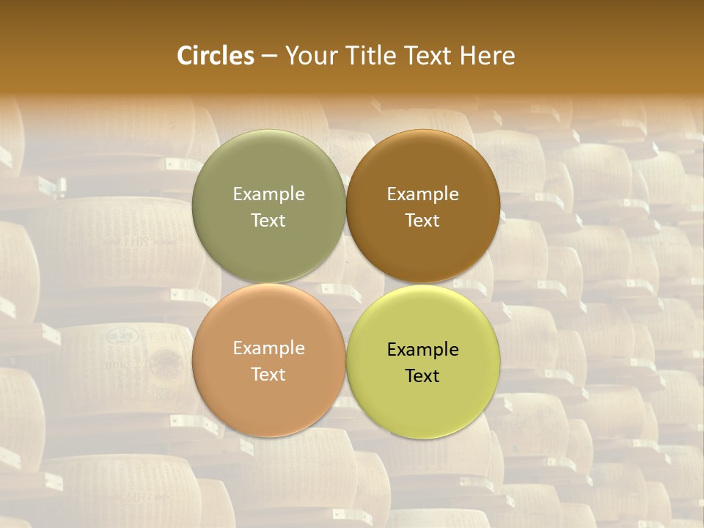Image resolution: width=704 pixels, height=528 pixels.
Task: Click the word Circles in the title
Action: [216, 56]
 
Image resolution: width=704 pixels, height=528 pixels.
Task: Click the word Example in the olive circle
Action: [268, 194]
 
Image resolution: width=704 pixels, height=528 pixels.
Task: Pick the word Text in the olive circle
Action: [268, 220]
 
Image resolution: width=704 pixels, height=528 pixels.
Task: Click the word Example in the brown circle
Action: [422, 194]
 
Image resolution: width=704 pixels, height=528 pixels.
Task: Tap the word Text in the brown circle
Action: [422, 220]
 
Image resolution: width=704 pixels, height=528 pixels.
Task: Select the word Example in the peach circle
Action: [268, 348]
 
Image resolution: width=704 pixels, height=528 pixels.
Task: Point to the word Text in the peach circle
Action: [268, 374]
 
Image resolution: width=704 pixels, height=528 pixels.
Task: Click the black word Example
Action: [422, 350]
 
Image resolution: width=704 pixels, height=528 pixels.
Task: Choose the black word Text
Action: [422, 376]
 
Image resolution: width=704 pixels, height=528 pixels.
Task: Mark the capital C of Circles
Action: [184, 56]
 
